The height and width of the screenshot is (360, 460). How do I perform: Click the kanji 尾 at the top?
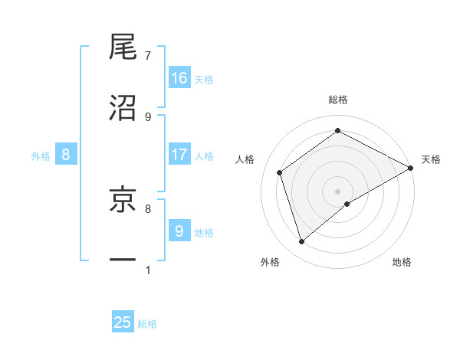click(123, 47)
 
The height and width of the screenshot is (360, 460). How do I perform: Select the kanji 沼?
click(123, 108)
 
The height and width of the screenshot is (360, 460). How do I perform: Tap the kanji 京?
click(123, 199)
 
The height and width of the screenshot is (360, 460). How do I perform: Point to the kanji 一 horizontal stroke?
click(123, 260)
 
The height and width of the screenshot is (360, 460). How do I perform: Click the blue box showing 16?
click(179, 78)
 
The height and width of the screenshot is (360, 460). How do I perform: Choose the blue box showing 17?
click(179, 155)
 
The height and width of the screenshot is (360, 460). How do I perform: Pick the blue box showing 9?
click(179, 230)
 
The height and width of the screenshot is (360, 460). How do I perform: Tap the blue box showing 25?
click(123, 322)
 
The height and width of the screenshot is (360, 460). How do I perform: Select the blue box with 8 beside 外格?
click(66, 155)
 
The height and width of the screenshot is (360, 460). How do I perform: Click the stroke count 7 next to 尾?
click(147, 56)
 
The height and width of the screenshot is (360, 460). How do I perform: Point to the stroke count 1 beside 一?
click(147, 270)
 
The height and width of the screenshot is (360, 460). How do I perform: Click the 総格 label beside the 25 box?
click(147, 324)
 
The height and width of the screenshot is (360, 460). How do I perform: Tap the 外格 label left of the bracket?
click(41, 155)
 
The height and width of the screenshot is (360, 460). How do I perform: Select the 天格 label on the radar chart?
click(431, 159)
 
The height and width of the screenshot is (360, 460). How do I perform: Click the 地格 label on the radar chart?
click(402, 262)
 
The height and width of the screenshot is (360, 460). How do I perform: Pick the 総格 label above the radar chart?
click(337, 100)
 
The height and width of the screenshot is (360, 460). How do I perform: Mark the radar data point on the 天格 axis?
click(412, 168)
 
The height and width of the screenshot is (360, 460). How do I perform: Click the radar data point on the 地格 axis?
click(347, 204)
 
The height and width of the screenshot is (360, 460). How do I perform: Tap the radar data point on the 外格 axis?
click(302, 242)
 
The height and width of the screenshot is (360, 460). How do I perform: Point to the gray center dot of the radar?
click(337, 191)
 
